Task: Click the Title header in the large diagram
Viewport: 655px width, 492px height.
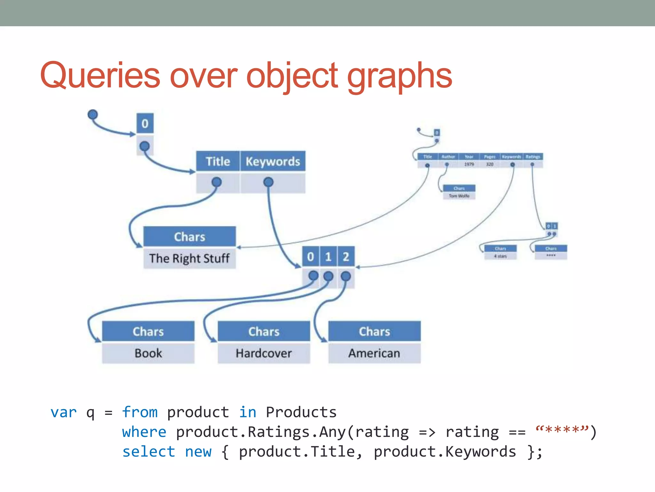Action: point(218,161)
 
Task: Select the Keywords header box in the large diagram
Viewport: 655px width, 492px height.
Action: point(273,161)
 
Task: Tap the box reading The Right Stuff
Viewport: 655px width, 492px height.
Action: point(189,258)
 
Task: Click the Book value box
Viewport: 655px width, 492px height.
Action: point(148,353)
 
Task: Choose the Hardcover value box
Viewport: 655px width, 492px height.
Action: point(264,353)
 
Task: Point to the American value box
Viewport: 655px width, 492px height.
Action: point(374,353)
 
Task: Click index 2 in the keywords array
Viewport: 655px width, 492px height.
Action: point(346,257)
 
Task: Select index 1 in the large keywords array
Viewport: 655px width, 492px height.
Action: point(328,257)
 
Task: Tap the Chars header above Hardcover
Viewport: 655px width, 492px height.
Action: point(264,332)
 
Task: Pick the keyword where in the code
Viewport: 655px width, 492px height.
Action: point(144,432)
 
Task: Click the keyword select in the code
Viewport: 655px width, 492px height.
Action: point(149,452)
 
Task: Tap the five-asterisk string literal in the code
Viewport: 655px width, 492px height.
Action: point(562,430)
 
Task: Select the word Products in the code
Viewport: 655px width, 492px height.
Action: point(301,412)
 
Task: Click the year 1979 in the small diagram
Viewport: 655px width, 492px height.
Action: point(469,164)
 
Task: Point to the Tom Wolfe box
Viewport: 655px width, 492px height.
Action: point(459,196)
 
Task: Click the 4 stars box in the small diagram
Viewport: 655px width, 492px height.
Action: point(500,256)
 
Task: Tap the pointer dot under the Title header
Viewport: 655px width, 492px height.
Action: point(217,182)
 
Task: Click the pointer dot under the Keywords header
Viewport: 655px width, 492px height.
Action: point(268,182)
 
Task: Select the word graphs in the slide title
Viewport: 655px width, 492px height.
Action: point(399,76)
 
